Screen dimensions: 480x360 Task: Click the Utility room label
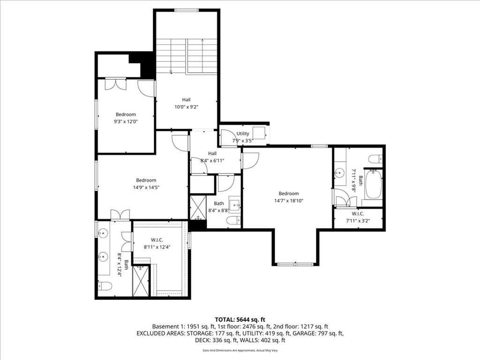(243, 134)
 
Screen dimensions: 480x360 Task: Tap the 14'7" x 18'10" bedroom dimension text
(289, 201)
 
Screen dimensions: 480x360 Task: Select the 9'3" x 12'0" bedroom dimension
(126, 121)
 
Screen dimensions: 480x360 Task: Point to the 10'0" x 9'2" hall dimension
(186, 107)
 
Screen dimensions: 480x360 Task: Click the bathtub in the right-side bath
(373, 184)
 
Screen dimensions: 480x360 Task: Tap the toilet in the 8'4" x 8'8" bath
(234, 220)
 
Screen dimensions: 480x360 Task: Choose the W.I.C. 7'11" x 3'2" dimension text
(358, 220)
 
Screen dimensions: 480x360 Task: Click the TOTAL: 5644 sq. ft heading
(240, 320)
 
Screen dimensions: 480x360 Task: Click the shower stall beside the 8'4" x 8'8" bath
(198, 208)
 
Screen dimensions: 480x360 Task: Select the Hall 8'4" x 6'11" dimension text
(212, 160)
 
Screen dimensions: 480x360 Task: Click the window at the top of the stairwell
(187, 10)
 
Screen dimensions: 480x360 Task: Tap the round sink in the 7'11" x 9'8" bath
(338, 173)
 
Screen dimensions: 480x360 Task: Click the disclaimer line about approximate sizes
(240, 351)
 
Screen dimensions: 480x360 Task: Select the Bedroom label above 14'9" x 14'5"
(146, 180)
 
